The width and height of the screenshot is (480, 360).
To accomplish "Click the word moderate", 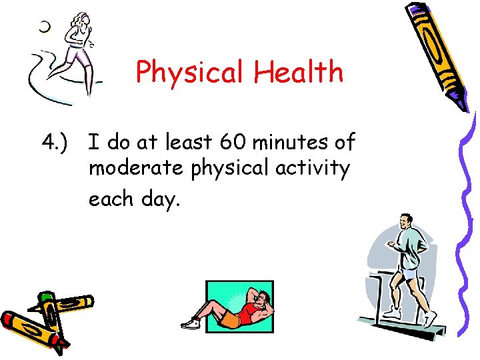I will coord(137,169).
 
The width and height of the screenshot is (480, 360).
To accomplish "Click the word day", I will coord(161,199).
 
